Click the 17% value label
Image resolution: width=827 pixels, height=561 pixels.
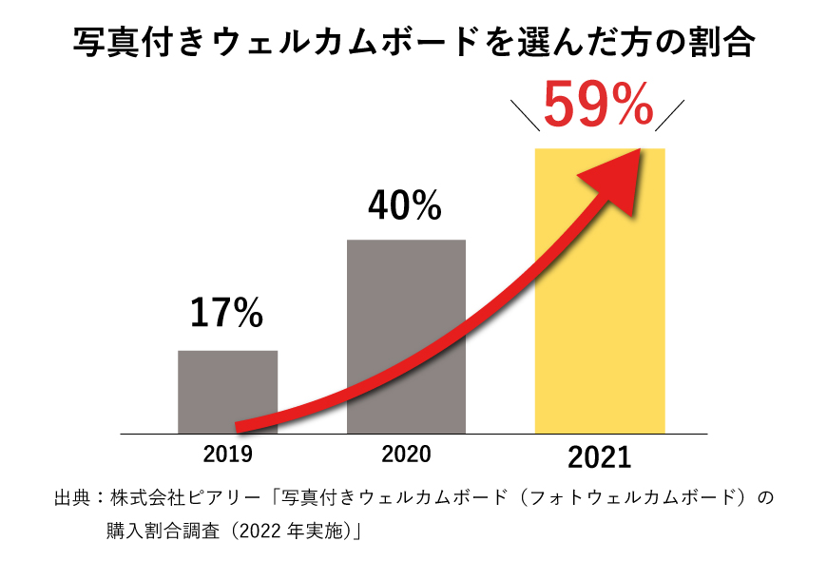pos(226,314)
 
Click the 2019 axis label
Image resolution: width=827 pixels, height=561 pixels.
pos(228,454)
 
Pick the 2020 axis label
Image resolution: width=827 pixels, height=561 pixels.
pos(406,454)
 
